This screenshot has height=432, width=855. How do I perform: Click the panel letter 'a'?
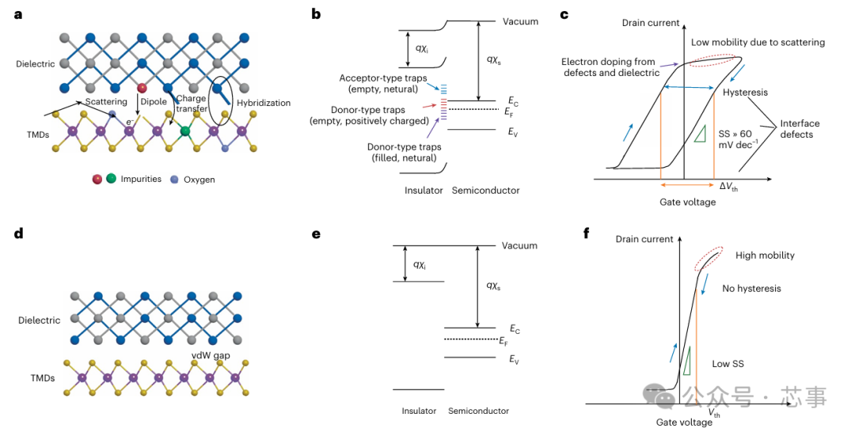pos(18,15)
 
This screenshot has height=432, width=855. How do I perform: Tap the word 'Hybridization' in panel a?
pos(264,103)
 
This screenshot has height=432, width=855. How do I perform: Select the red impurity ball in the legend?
pos(97,179)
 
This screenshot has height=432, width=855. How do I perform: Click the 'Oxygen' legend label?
pos(199,180)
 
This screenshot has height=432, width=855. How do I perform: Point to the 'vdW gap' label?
pos(211,355)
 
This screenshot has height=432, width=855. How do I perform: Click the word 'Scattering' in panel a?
pos(106,101)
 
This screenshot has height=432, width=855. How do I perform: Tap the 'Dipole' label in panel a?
pos(154,101)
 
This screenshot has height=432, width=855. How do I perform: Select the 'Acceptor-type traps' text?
pos(383,78)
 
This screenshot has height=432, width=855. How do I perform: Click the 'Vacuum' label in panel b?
pos(520,22)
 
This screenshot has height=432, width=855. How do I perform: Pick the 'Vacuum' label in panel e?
pos(519,246)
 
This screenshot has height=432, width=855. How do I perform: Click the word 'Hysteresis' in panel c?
pos(745,93)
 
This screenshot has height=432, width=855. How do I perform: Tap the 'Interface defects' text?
pos(800,128)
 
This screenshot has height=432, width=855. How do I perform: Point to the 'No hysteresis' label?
pos(751,289)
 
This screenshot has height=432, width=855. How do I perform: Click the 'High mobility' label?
pos(765,256)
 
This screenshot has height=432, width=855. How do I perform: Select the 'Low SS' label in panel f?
pos(728,364)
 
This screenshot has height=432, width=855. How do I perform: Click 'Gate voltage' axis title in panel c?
pos(688,202)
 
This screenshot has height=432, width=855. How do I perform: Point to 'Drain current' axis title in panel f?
pos(644,239)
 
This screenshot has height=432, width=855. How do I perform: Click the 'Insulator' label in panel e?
pos(419,411)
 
